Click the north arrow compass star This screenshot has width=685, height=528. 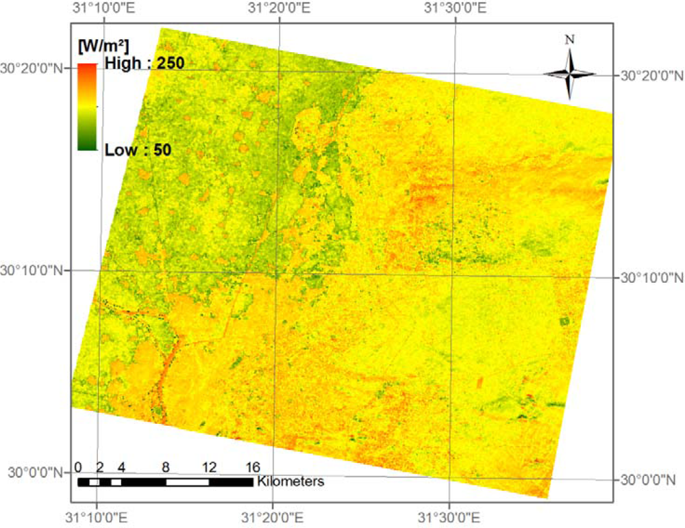(569, 73)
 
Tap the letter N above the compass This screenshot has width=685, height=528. (569, 40)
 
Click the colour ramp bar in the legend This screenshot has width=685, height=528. (86, 106)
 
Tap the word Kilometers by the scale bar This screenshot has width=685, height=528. (290, 481)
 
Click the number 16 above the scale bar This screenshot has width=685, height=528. (252, 467)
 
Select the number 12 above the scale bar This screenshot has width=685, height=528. (209, 467)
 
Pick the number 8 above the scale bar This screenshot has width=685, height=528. (166, 467)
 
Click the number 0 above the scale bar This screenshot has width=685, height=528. (79, 467)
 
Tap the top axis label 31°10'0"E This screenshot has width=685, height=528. (103, 9)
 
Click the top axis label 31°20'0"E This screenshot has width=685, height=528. (279, 9)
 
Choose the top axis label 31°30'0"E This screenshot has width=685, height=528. (455, 9)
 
